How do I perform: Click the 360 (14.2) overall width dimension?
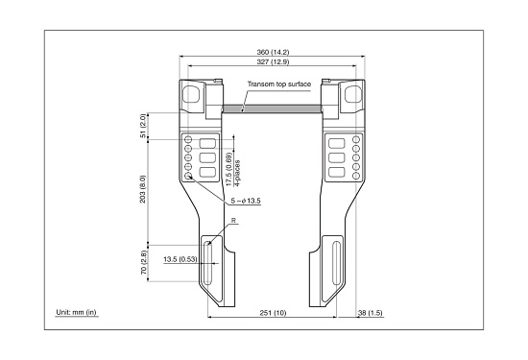click(x=273, y=52)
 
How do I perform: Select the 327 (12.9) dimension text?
click(x=273, y=62)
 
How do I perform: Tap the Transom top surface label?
click(x=279, y=84)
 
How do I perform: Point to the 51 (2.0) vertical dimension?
click(x=143, y=126)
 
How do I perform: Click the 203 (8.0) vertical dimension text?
click(x=143, y=189)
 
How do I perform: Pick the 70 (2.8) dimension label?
click(x=143, y=262)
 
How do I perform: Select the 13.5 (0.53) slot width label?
click(x=180, y=259)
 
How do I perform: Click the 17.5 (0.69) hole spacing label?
click(x=229, y=169)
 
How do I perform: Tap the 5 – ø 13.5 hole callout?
click(x=246, y=201)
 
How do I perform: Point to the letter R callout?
click(x=233, y=221)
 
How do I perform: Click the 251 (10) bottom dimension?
click(x=273, y=313)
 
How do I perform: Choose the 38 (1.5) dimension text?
click(x=370, y=313)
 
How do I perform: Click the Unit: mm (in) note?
click(x=76, y=312)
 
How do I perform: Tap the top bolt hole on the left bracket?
click(x=188, y=139)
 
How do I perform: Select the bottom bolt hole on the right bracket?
click(x=356, y=176)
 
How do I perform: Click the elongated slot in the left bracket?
click(x=208, y=263)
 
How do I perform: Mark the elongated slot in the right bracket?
click(x=336, y=263)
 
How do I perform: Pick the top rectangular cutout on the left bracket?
click(x=207, y=143)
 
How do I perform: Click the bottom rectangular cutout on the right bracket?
click(x=337, y=173)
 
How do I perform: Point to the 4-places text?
click(x=237, y=173)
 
